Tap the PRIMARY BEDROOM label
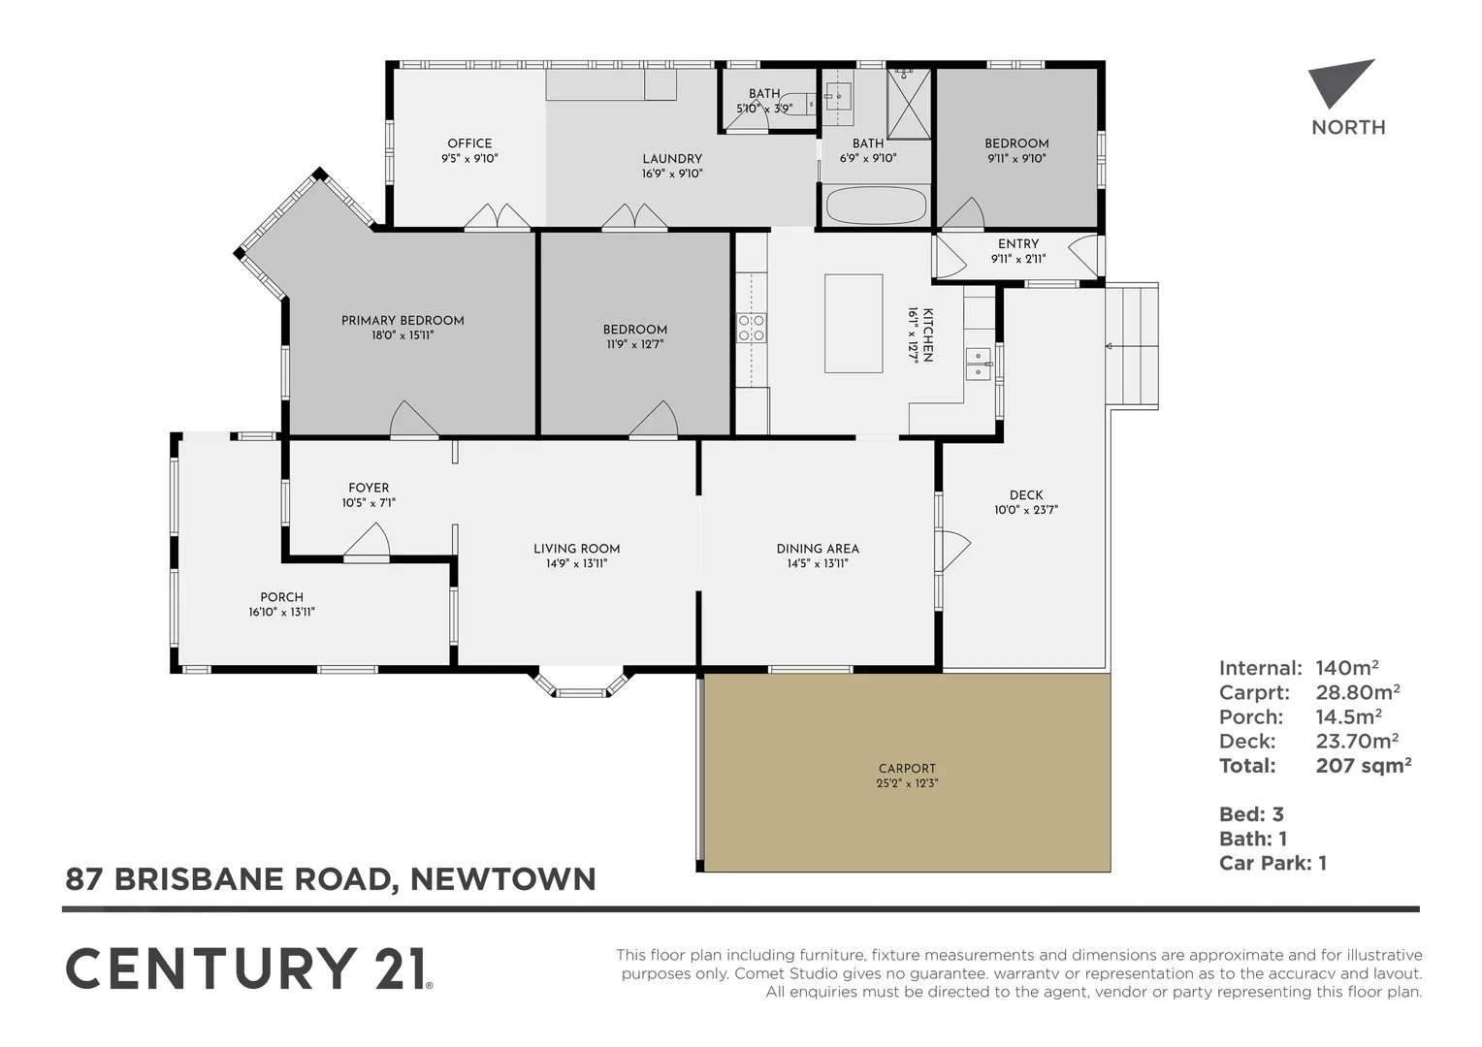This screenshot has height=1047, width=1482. pos(403,321)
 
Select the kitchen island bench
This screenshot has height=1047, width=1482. pos(854,323)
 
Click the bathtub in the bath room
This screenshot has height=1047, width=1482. pos(875,206)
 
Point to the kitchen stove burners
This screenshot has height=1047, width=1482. pos(752,328)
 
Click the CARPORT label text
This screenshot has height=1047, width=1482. pos(907,769)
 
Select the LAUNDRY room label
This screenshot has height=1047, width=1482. pos(672,159)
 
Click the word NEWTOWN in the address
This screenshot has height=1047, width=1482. pos(502,879)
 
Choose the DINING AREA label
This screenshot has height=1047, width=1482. pos(818,549)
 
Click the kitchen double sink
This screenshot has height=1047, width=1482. pos(978,364)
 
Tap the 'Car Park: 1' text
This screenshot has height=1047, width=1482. pos(1273,863)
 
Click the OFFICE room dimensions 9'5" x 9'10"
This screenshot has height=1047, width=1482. pos(469,158)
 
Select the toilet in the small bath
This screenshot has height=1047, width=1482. pos(798,103)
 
